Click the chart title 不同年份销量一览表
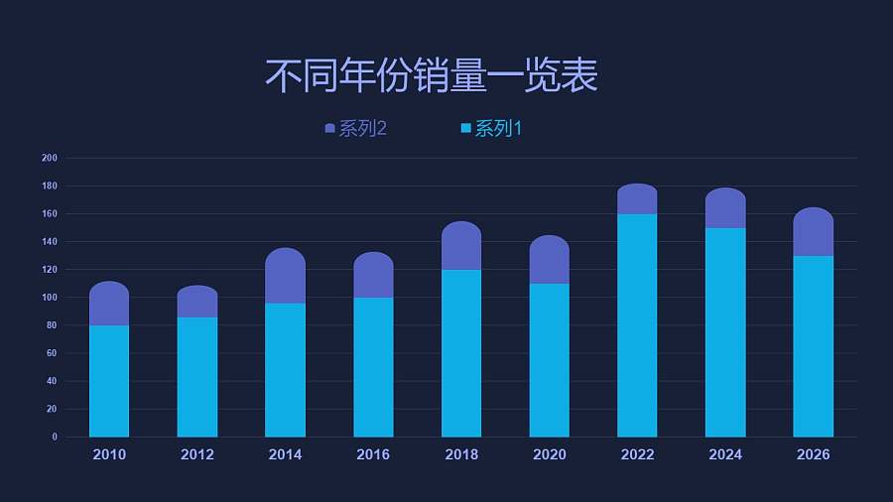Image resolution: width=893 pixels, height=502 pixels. point(431,75)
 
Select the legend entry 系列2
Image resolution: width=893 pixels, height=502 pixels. point(355,129)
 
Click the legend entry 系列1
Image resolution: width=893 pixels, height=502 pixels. point(491,129)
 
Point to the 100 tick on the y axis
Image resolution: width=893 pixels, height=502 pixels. point(50,298)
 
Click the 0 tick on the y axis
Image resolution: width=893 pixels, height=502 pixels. point(55,437)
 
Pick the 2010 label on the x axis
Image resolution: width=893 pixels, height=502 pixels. point(109,454)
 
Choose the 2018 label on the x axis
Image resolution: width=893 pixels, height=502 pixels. point(461,454)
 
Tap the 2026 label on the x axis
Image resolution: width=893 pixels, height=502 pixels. point(813,454)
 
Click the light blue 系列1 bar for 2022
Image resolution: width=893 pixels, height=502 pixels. point(637,325)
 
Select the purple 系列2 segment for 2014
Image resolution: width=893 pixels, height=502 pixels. point(285,276)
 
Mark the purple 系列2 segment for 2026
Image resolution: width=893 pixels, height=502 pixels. point(813,232)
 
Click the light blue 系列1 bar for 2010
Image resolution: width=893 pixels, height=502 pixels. point(109,381)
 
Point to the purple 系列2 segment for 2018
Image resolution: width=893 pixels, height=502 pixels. point(461,246)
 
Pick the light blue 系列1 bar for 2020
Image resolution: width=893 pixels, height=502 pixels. point(549,360)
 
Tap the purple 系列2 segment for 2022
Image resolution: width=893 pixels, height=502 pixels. point(637,199)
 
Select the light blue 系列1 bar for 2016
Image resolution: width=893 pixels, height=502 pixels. point(373,367)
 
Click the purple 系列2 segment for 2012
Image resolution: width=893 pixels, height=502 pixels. point(197,302)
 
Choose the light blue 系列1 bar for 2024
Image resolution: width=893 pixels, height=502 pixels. point(725,332)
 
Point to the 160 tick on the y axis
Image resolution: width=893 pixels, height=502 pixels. point(50,213)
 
